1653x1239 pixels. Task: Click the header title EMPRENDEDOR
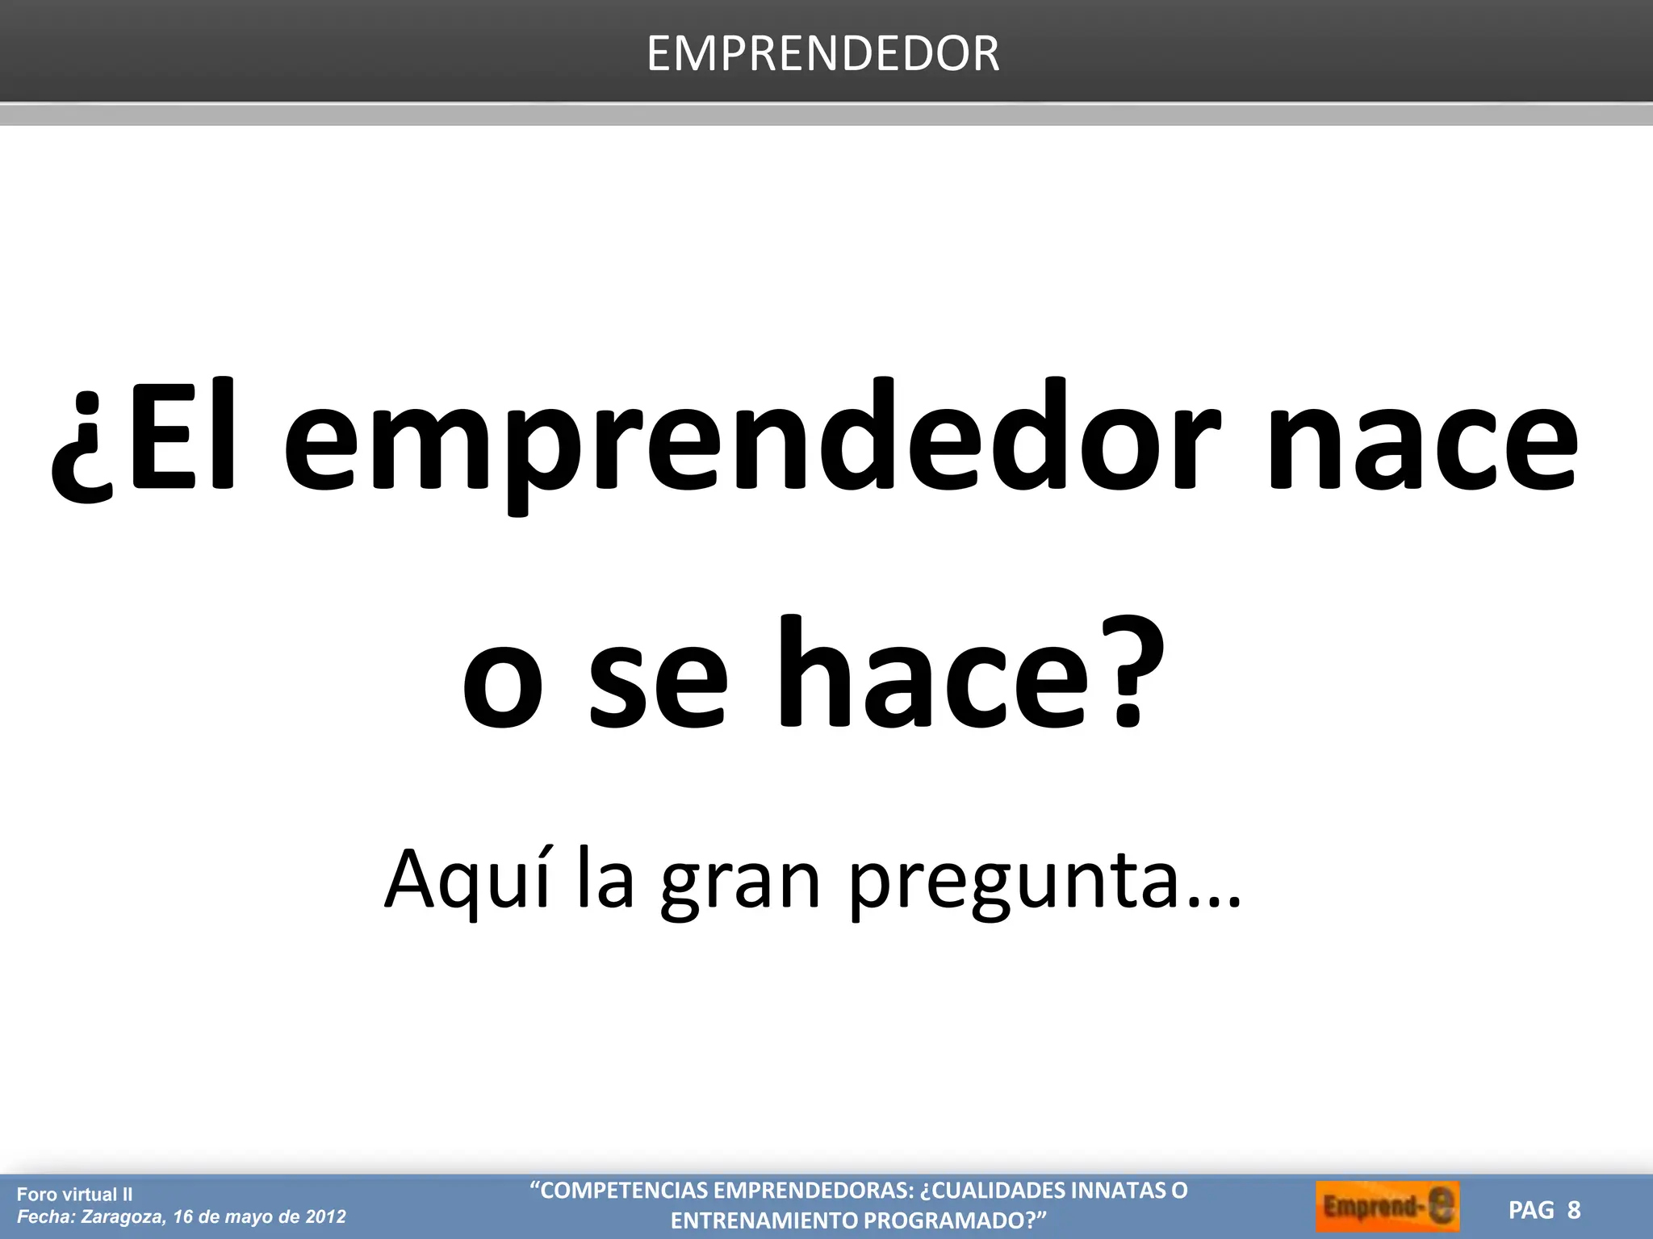pyautogui.click(x=822, y=54)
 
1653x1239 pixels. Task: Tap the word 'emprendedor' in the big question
pyautogui.click(x=751, y=444)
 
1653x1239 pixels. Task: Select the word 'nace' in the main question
pyautogui.click(x=1422, y=444)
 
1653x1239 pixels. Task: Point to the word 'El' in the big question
pyautogui.click(x=182, y=436)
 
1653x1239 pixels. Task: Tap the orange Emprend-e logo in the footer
pyautogui.click(x=1387, y=1208)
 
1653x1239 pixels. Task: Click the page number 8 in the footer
pyautogui.click(x=1574, y=1210)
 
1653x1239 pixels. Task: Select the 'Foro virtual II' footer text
pyautogui.click(x=74, y=1195)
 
